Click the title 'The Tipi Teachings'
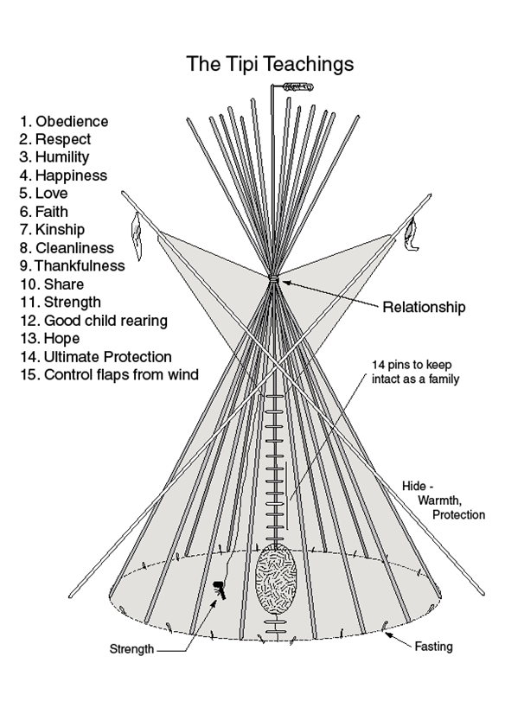click(x=270, y=64)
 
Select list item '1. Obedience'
click(x=64, y=122)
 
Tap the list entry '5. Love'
click(x=43, y=193)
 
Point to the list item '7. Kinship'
click(x=52, y=230)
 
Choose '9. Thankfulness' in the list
click(x=72, y=265)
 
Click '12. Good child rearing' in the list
click(x=93, y=321)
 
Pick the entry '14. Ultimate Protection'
click(x=96, y=356)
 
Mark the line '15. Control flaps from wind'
click(x=109, y=375)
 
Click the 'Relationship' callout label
click(x=424, y=307)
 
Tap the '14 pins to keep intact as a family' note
click(x=415, y=372)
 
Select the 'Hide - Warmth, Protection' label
click(x=443, y=500)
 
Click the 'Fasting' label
click(x=433, y=647)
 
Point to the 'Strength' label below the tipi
click(x=131, y=649)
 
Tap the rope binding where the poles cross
click(x=273, y=278)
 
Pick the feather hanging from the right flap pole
click(x=412, y=234)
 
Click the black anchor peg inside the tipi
click(x=220, y=589)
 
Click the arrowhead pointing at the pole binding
click(x=286, y=283)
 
